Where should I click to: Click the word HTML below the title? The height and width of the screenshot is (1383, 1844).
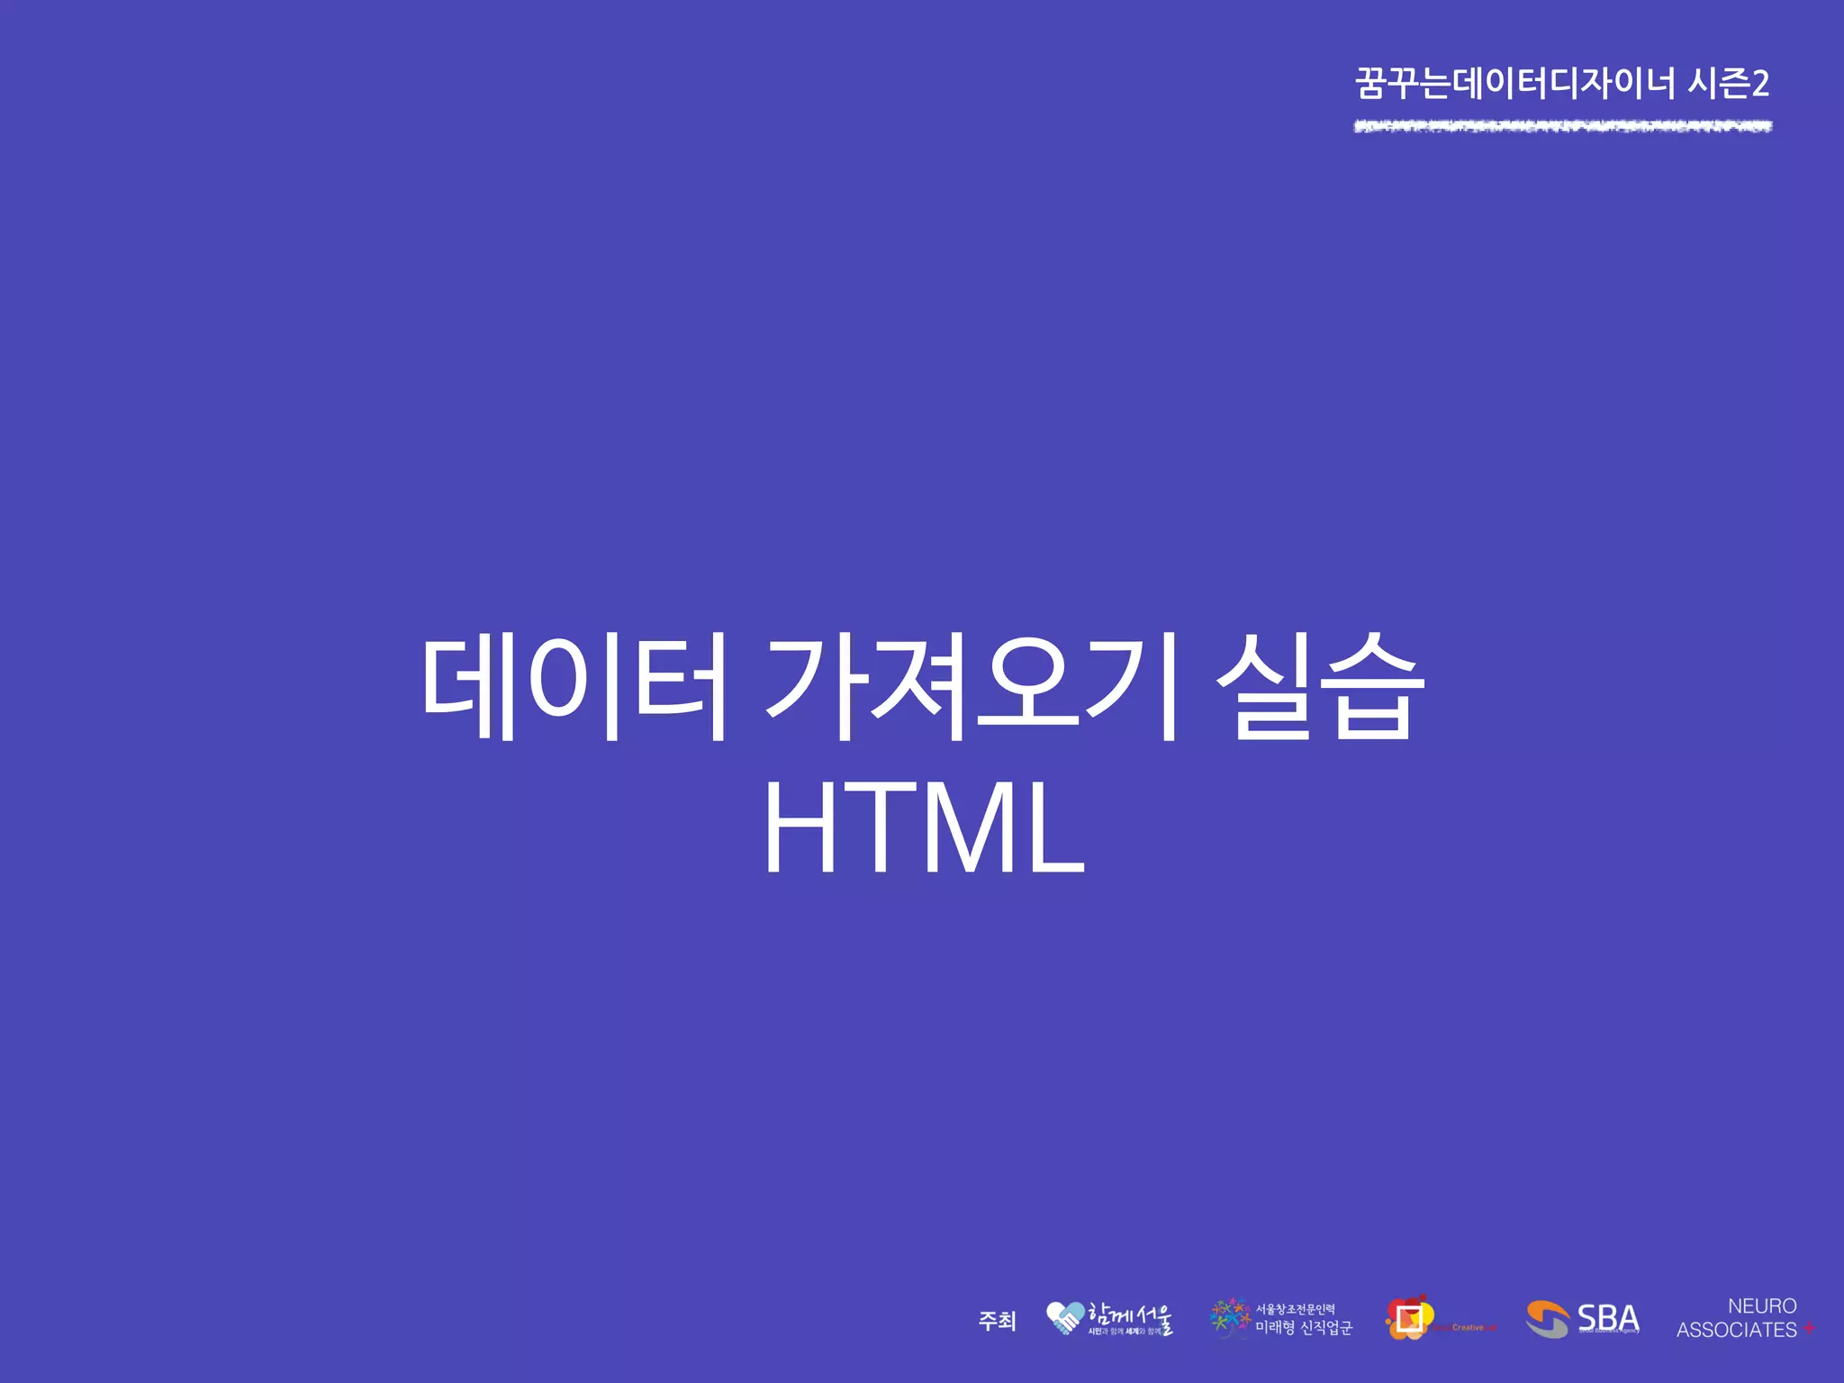click(924, 828)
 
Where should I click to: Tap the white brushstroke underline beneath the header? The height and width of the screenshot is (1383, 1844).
click(1563, 126)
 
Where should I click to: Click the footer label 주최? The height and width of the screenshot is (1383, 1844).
click(997, 1321)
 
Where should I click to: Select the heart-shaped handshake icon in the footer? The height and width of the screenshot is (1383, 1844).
click(1065, 1318)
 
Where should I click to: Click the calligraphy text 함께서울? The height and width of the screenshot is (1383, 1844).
click(1131, 1315)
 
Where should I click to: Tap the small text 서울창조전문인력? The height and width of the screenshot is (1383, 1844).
click(1295, 1309)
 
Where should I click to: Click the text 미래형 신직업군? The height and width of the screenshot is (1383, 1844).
click(1304, 1328)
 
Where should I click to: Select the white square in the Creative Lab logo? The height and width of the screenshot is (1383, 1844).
click(1409, 1319)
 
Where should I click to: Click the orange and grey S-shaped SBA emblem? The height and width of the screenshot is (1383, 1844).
click(1547, 1319)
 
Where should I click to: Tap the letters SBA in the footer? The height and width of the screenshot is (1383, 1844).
click(1608, 1317)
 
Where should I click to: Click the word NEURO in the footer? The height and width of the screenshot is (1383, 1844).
click(1762, 1306)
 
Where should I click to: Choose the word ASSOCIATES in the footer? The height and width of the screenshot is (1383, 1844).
click(1736, 1330)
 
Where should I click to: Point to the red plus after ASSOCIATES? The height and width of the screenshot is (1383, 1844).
click(1809, 1328)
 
